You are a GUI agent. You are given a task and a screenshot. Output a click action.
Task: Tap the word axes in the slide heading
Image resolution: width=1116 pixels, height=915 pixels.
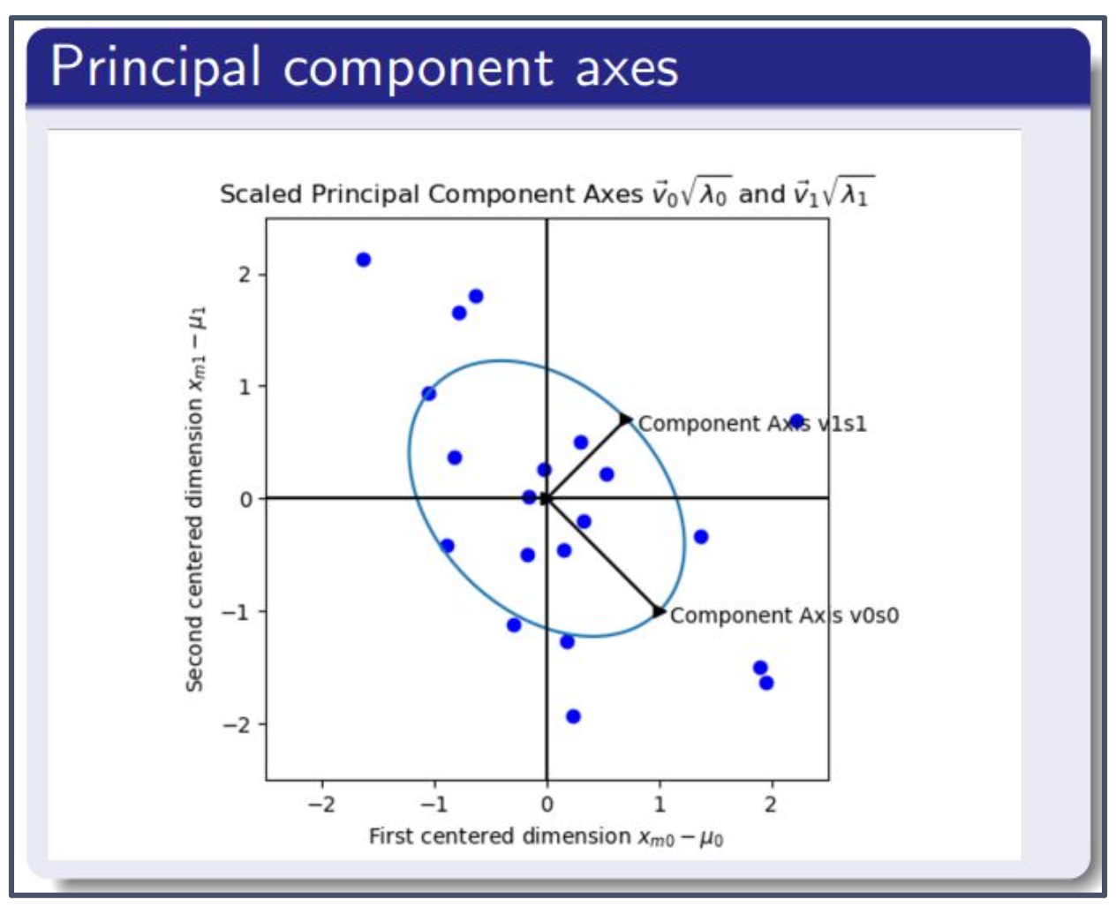click(x=627, y=72)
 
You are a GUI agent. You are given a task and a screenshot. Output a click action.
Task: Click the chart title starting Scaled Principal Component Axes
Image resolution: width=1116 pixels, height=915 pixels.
click(x=547, y=192)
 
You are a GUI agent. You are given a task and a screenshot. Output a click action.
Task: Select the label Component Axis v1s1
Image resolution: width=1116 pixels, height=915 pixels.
click(x=752, y=424)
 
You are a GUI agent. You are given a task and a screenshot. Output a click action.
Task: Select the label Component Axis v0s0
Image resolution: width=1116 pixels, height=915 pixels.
click(x=785, y=616)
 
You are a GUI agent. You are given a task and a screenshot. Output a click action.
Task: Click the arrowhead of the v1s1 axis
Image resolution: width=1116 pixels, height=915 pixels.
click(x=626, y=420)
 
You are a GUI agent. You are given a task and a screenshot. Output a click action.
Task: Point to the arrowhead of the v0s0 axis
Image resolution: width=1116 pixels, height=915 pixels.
click(x=659, y=611)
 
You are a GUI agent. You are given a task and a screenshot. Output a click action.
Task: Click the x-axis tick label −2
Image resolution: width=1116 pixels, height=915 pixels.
click(x=321, y=805)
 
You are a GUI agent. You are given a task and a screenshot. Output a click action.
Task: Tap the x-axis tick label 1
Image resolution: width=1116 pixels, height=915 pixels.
click(x=660, y=805)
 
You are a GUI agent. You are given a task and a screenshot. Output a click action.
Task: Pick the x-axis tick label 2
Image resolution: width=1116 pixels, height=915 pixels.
click(x=771, y=805)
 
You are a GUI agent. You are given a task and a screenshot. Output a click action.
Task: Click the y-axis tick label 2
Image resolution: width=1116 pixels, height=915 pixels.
click(x=245, y=274)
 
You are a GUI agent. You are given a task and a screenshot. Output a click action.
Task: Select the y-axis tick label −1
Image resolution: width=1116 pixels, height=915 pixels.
click(x=237, y=612)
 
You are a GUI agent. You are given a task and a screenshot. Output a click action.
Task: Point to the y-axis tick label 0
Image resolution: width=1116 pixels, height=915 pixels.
click(x=245, y=499)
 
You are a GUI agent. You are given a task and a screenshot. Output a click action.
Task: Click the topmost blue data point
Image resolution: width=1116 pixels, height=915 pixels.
click(x=364, y=260)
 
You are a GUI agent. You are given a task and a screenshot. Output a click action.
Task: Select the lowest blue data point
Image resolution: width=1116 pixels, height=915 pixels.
click(x=574, y=716)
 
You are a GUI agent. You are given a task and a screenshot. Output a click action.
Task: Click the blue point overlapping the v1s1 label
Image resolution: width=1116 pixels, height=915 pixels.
click(x=797, y=421)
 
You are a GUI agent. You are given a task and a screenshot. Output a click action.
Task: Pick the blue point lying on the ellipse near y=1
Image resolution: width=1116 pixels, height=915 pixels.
click(x=429, y=394)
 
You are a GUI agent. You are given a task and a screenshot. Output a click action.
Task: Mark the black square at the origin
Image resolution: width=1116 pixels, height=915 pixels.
click(x=546, y=498)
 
